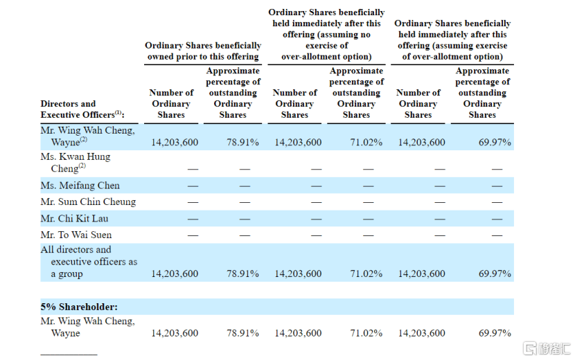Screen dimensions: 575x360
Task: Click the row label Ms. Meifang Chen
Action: (x=80, y=186)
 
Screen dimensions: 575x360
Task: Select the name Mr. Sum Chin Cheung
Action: (x=88, y=201)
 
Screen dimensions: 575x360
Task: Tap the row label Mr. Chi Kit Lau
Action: (x=74, y=219)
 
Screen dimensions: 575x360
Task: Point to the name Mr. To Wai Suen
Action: (x=76, y=235)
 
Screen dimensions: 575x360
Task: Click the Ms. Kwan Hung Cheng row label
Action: (x=76, y=163)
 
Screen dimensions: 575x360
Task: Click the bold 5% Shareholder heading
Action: (x=79, y=307)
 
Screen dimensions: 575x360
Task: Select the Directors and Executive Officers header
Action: (x=82, y=109)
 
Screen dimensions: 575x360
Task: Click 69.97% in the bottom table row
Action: (x=495, y=333)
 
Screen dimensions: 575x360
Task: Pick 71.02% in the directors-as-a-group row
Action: (x=366, y=273)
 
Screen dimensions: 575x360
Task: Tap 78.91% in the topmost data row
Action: (x=242, y=142)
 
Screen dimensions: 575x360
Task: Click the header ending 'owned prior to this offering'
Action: (x=203, y=51)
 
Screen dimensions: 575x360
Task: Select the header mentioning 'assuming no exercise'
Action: (x=326, y=35)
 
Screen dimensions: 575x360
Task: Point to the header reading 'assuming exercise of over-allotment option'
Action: (x=452, y=40)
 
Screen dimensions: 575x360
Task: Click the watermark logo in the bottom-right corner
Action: (x=547, y=348)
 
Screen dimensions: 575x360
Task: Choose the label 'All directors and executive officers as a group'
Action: (x=89, y=262)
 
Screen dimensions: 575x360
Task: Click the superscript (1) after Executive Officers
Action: (x=118, y=112)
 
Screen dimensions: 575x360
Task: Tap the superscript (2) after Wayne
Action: (x=84, y=139)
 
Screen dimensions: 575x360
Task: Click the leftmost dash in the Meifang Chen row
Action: (x=193, y=186)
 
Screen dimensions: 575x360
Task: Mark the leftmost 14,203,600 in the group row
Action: (x=175, y=273)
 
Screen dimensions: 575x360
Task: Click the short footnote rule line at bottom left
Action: (x=69, y=354)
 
